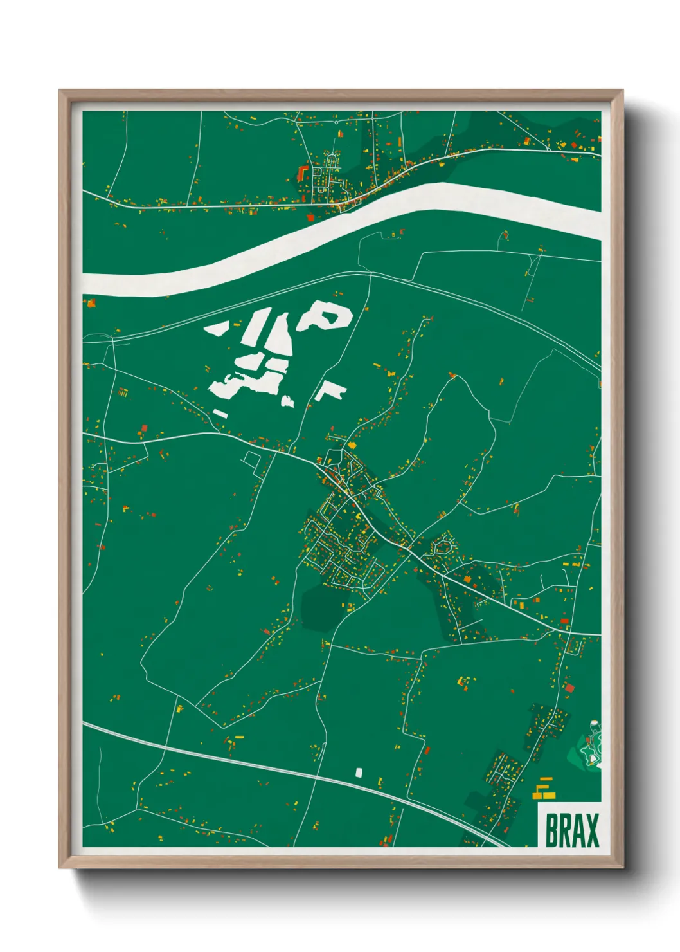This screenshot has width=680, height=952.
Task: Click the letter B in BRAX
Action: pos(551,830)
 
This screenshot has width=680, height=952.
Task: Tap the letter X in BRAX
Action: pos(591,830)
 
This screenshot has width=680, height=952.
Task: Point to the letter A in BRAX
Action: pos(577,830)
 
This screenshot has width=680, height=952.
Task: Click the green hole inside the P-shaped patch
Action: pos(328,316)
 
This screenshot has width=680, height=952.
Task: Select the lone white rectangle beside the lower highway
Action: pos(359,771)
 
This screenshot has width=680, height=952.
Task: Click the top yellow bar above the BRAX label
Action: pos(546,780)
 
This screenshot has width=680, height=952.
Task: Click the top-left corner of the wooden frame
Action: pos(60,91)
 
